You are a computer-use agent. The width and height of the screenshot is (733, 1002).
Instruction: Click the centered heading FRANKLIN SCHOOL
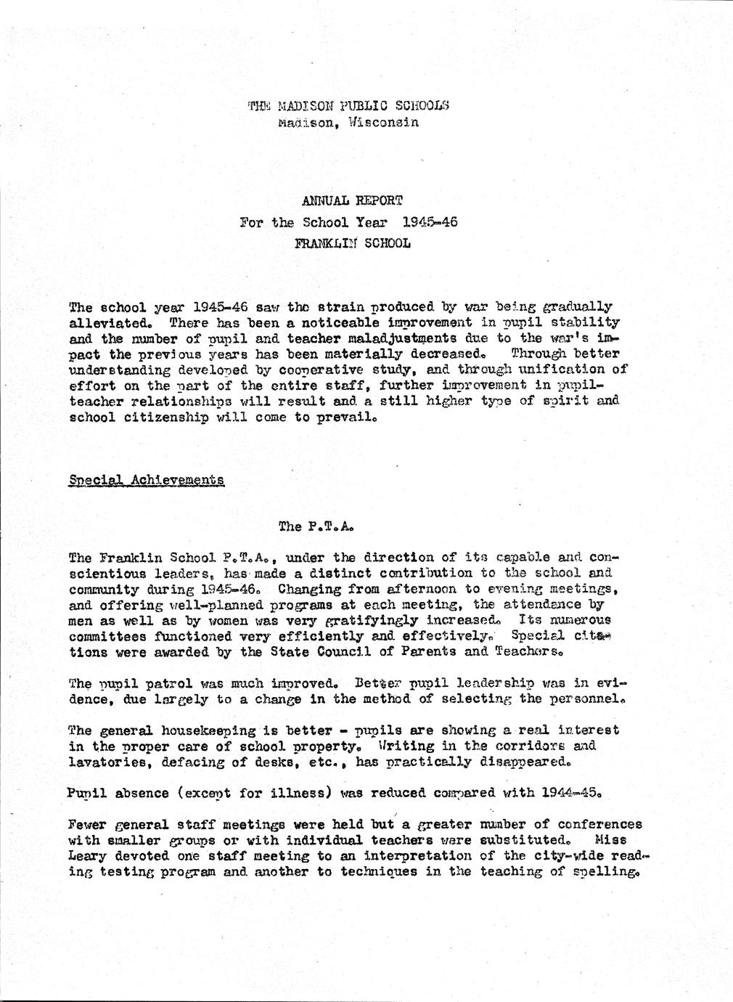[x=352, y=243]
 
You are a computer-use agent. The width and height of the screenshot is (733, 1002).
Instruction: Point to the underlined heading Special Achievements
[x=147, y=480]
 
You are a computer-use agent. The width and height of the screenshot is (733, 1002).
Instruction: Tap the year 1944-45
[x=570, y=793]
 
